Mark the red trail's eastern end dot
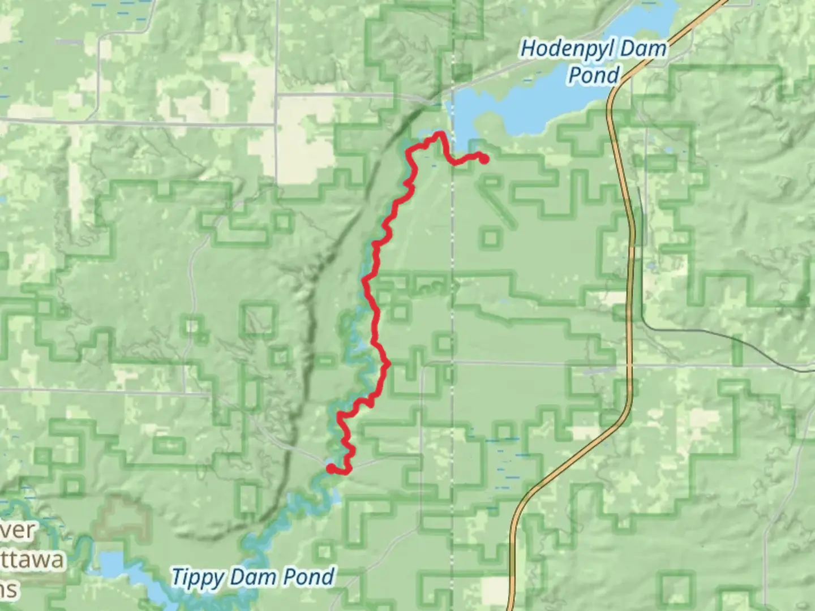(484, 160)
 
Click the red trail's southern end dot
(330, 468)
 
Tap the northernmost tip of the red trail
(440, 134)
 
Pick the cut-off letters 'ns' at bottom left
(8, 590)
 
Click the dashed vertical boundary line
(452, 255)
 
